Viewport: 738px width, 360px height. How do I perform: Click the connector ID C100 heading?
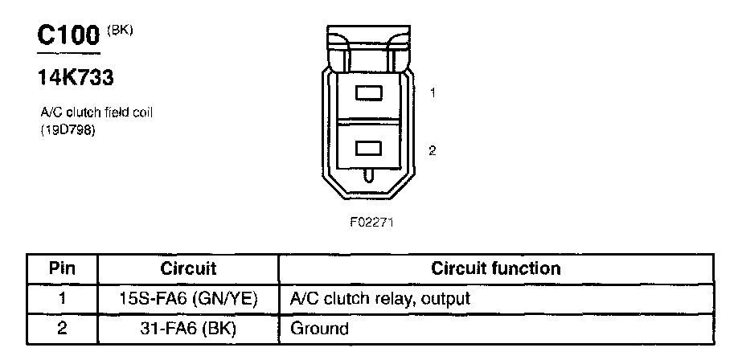coord(69,36)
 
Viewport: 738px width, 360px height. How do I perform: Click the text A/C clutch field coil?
coord(96,112)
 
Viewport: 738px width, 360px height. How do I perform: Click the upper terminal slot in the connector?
coord(368,94)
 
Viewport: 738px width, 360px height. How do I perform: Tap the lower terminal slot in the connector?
coord(368,149)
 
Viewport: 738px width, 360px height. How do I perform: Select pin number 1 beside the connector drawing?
coord(433,93)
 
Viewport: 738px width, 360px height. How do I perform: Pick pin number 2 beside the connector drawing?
coord(433,149)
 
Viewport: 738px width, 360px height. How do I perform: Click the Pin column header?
coord(62,268)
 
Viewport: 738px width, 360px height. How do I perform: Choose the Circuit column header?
coord(188,268)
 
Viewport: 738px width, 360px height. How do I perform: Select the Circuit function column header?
coord(496,268)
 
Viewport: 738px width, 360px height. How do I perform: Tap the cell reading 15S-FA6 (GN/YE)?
coord(188,298)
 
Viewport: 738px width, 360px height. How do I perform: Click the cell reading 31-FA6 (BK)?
coord(188,328)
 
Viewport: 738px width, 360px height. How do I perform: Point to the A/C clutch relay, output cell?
coord(379,298)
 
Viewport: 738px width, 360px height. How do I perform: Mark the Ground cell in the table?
coord(319,328)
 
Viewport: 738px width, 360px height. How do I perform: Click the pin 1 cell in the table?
coord(62,298)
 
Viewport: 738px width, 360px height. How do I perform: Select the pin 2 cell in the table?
coord(62,328)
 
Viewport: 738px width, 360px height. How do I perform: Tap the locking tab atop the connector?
coord(368,40)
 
